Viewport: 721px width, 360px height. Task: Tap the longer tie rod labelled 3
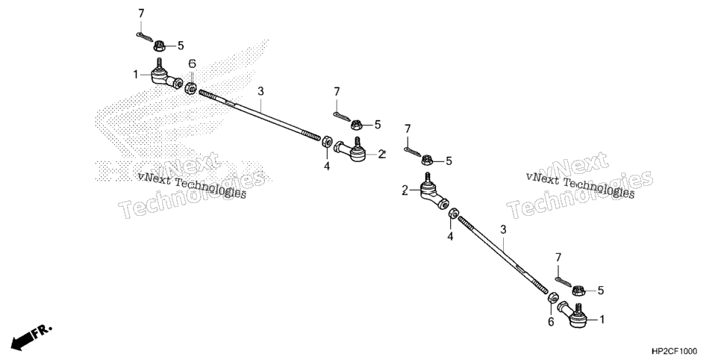coord(260,114)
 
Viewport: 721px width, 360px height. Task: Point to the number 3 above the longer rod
coord(260,91)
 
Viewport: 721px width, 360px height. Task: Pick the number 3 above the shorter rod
coord(503,229)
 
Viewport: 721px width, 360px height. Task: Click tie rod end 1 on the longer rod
coord(166,76)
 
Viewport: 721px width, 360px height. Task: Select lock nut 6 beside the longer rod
coord(191,87)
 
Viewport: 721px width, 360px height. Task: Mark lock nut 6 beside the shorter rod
coord(553,297)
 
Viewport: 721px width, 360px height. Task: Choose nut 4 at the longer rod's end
coord(327,142)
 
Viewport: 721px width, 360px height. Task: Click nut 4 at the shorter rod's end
coord(453,214)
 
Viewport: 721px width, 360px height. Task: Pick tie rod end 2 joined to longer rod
coord(351,150)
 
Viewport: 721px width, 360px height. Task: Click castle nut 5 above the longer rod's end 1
coord(160,46)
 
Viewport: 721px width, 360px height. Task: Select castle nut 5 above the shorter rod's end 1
coord(578,291)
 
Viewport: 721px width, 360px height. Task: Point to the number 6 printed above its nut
coord(193,63)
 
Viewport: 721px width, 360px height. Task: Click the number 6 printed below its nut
coord(551,322)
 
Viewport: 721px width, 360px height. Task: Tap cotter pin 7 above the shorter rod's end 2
coord(413,152)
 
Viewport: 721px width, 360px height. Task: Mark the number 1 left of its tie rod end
coord(136,74)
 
